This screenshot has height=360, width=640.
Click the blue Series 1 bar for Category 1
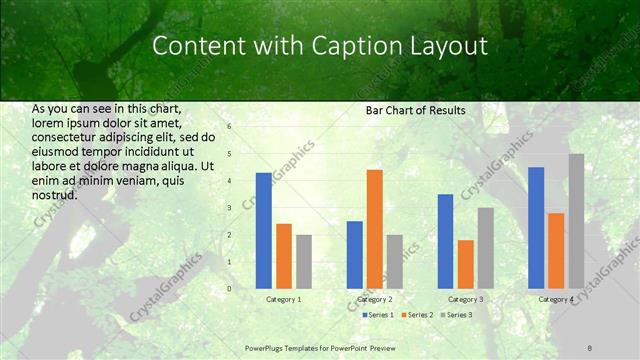[x=263, y=231]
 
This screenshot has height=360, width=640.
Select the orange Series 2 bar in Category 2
[x=374, y=229]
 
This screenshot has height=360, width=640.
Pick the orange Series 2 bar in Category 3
[x=465, y=264]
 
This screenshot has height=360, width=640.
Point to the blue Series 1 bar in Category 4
[x=536, y=228]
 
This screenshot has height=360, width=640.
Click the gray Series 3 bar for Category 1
[x=304, y=262]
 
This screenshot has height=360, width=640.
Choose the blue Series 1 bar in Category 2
[x=354, y=255]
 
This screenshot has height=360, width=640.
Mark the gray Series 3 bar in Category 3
[x=485, y=248]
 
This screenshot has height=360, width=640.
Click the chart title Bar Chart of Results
[x=415, y=110]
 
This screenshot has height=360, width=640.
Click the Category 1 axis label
[x=284, y=299]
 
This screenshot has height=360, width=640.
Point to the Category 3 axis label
[x=465, y=299]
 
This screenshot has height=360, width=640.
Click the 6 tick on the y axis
[x=229, y=127]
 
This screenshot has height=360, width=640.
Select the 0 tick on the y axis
[x=229, y=289]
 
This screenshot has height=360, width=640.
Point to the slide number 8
[x=590, y=346]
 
